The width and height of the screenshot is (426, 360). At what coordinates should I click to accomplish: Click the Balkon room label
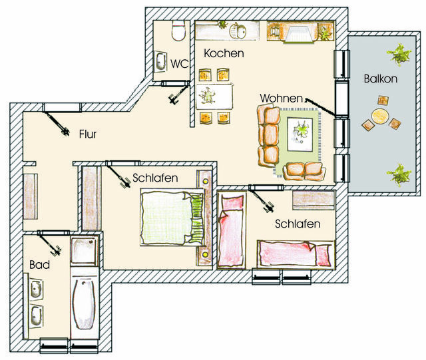380,79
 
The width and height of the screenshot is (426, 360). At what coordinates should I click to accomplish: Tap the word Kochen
223,53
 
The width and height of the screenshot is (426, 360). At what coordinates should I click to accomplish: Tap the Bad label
39,264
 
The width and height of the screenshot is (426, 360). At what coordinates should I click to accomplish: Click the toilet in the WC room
178,31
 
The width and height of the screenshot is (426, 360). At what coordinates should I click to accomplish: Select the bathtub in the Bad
84,303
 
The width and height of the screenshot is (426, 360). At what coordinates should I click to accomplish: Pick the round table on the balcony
379,116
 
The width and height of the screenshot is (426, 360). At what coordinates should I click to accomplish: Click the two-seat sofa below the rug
305,170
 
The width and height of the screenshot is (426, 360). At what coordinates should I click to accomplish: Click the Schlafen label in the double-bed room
154,178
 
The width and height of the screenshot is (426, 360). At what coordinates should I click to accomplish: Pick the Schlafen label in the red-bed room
297,224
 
